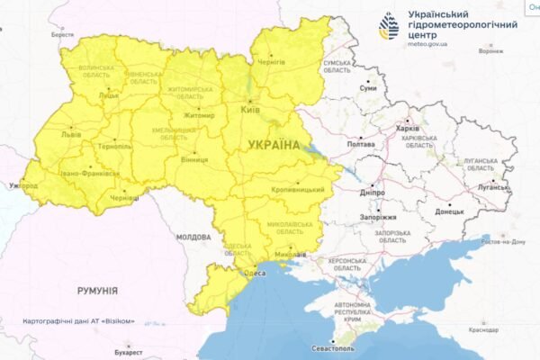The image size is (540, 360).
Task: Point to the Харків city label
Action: (407, 128)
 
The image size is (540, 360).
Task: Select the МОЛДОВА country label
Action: (193, 237)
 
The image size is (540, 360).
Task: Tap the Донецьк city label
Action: (450, 211)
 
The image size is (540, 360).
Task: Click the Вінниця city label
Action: (194, 159)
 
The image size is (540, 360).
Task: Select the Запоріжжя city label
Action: (377, 217)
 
